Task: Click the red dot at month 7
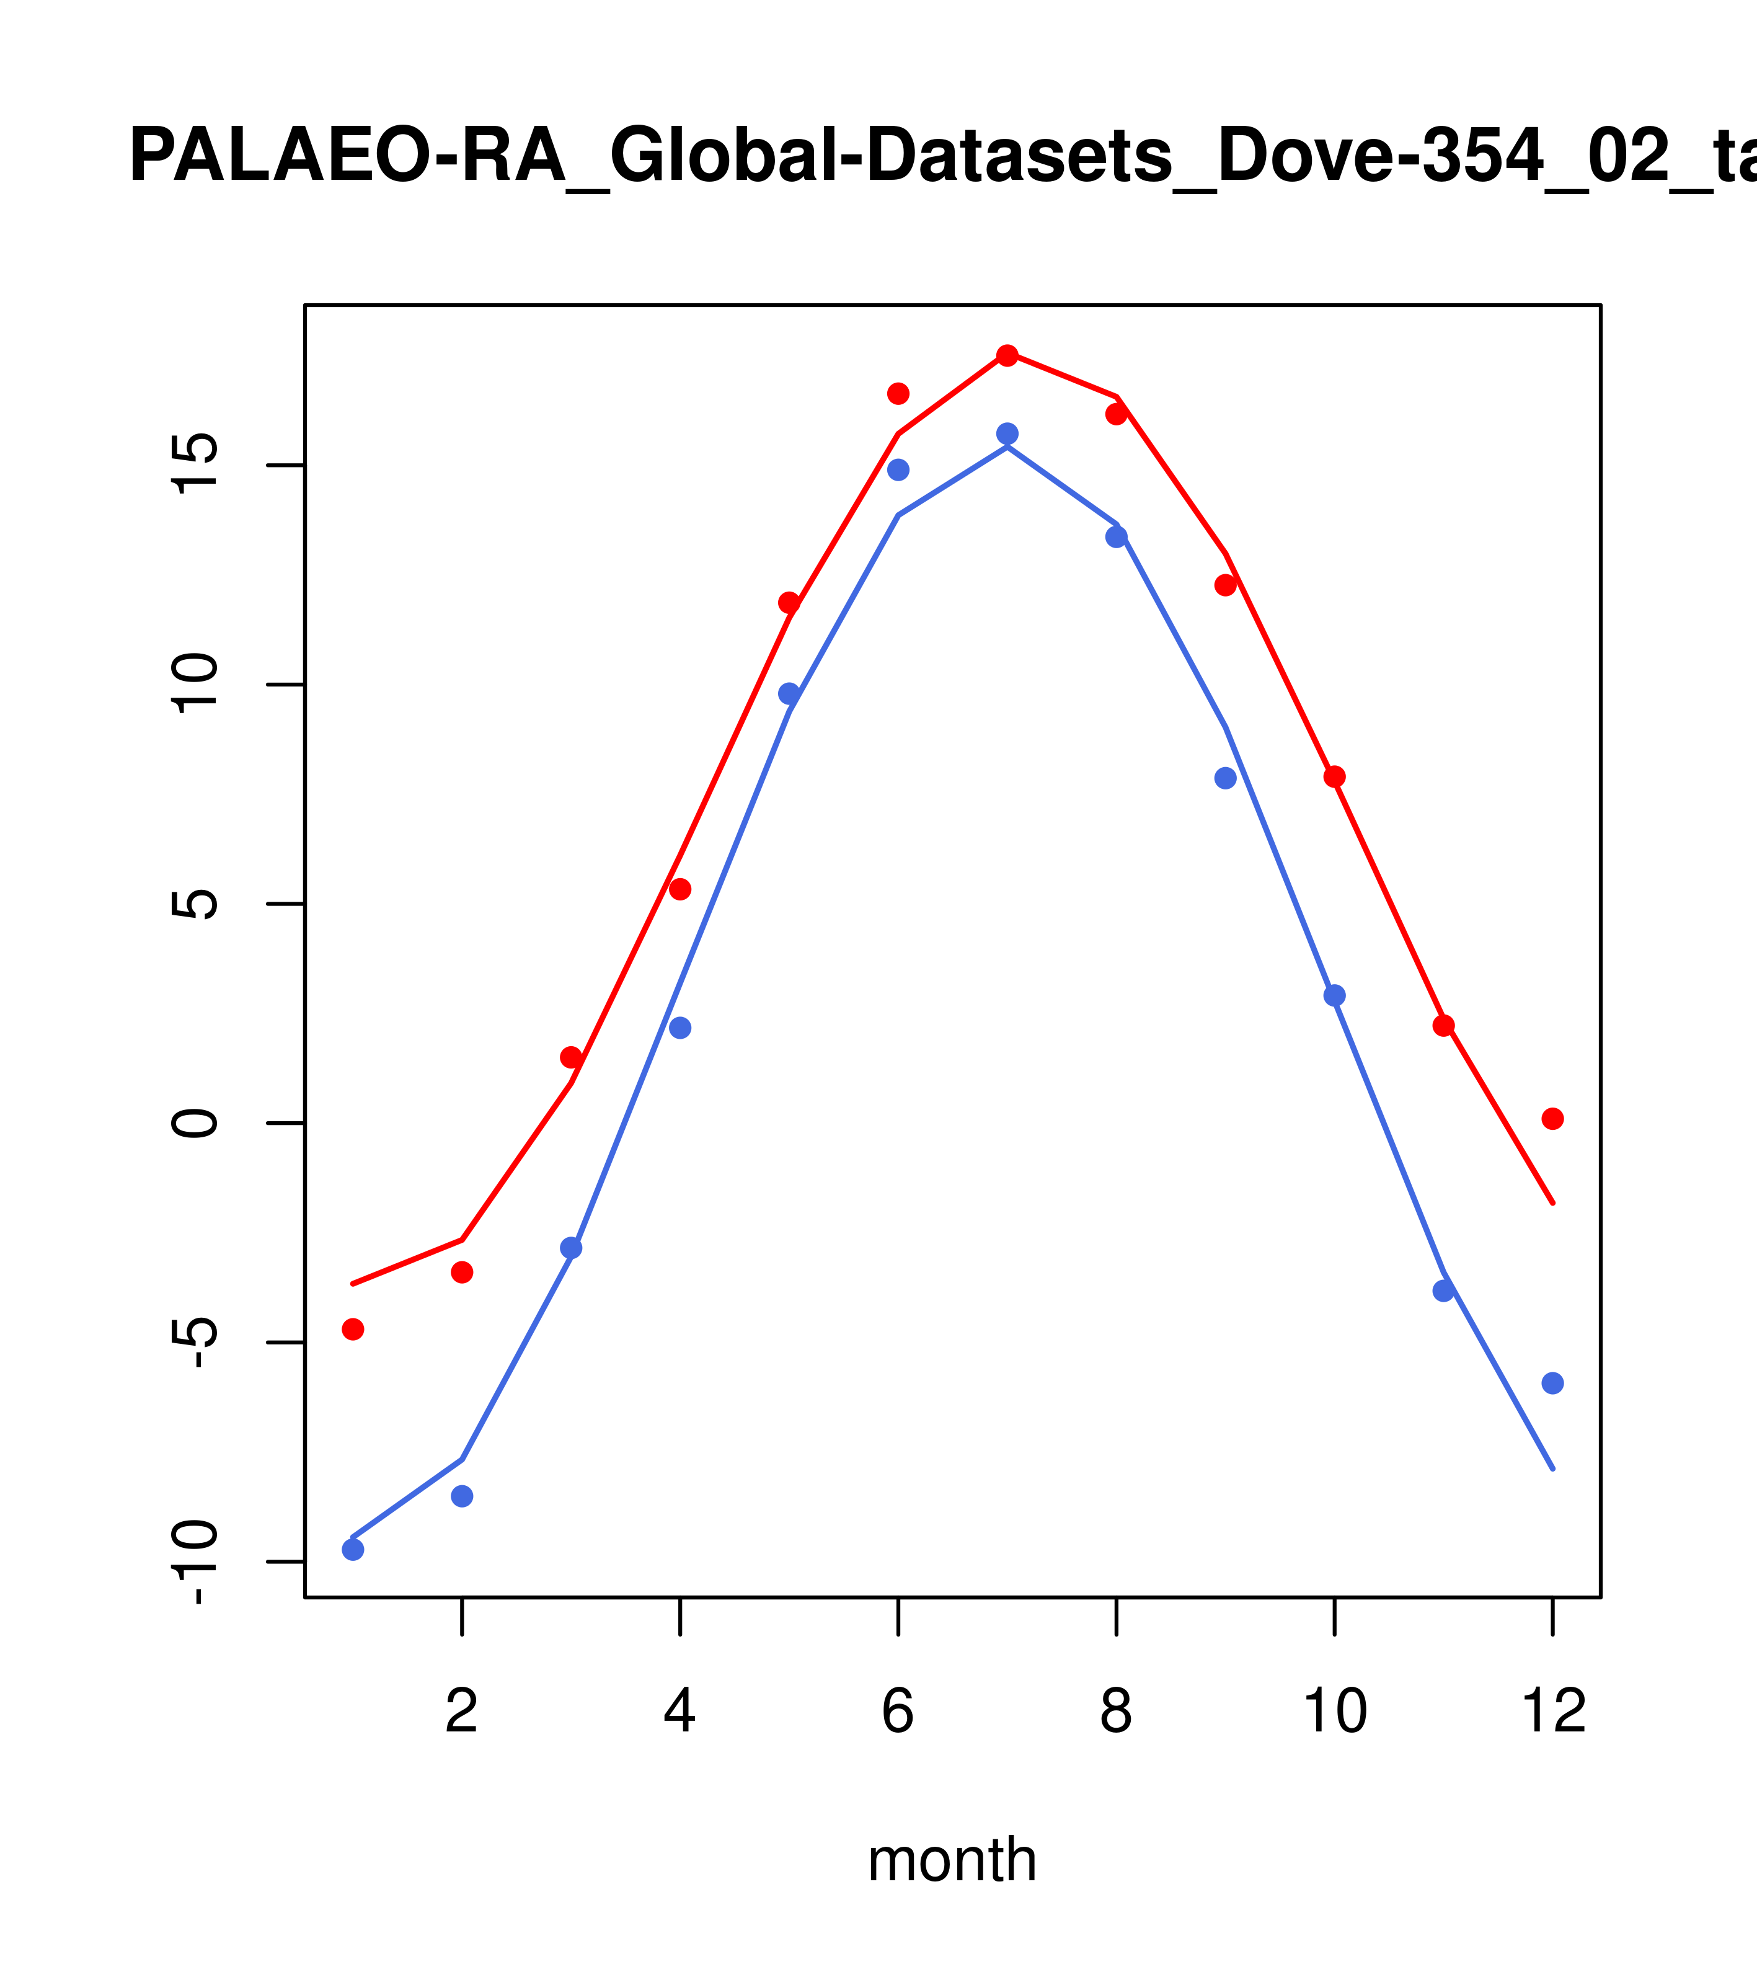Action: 1007,355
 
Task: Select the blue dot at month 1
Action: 353,1550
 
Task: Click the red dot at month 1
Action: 353,1329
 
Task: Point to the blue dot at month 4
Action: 681,1027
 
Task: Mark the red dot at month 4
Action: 681,889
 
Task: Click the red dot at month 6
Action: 898,393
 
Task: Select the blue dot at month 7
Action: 1007,433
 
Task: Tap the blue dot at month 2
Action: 462,1496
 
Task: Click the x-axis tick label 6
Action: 898,1712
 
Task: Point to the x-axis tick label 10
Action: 1334,1712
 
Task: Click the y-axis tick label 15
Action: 195,464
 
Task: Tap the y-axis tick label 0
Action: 195,1123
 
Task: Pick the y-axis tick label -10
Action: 195,1562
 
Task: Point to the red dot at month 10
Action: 1334,776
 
